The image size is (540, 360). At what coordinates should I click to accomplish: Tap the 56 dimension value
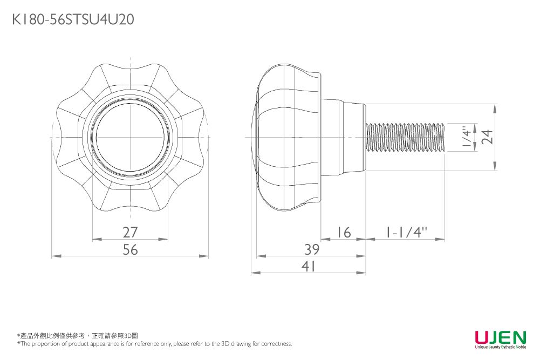tap(130, 249)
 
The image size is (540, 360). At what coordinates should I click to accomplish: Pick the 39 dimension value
tap(312, 249)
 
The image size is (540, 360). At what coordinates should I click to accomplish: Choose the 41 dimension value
tap(309, 267)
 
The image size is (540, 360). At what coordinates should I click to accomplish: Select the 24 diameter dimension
tap(488, 137)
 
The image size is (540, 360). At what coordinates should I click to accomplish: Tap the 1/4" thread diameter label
tap(464, 137)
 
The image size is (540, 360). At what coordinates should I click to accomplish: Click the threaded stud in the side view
tap(405, 137)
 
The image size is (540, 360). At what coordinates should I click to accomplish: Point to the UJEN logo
tap(500, 338)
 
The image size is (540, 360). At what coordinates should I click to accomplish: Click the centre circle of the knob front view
tap(131, 137)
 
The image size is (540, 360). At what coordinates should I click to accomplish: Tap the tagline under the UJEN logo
tap(500, 348)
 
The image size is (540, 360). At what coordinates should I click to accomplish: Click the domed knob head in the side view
tap(286, 137)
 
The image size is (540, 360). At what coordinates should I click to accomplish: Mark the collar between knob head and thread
tap(343, 137)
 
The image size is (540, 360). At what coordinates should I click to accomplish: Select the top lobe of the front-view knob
tap(131, 76)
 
